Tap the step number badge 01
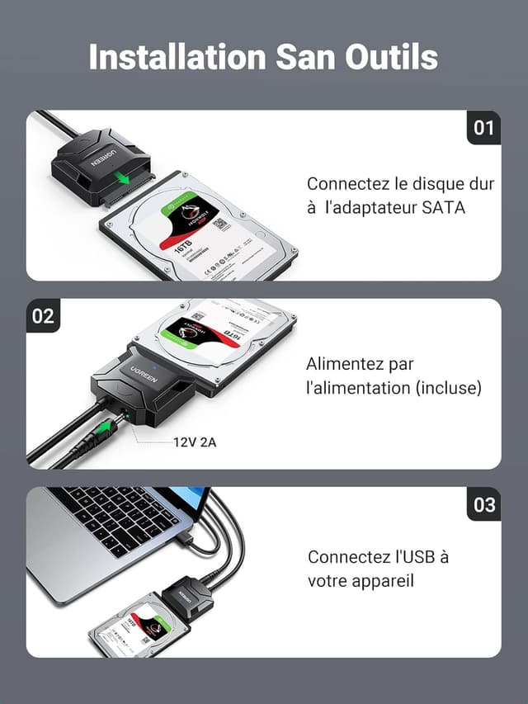coord(483,127)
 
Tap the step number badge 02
coord(43,316)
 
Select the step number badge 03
coord(483,504)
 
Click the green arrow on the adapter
coord(124,179)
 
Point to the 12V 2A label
coord(195,442)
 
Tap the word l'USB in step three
coord(409,557)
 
